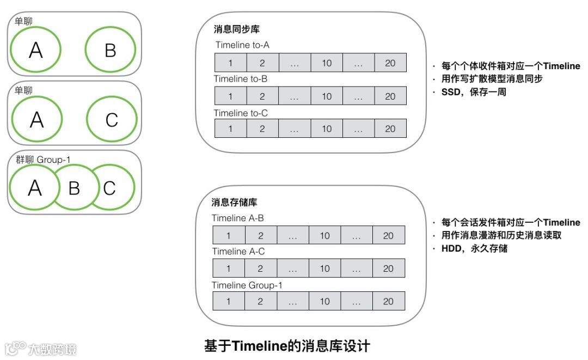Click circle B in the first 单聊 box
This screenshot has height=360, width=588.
110,50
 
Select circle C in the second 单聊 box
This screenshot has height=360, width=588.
112,119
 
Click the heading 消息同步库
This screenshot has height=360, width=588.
232,29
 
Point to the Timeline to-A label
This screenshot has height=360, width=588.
242,45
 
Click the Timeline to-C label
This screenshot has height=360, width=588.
241,113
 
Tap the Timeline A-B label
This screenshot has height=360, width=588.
237,218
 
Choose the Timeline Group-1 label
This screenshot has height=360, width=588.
247,285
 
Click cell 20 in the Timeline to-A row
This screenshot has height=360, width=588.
390,63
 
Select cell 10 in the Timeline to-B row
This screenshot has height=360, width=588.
327,96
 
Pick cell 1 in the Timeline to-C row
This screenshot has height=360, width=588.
230,129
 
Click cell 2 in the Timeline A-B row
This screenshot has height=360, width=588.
260,236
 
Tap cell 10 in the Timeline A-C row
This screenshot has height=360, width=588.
324,269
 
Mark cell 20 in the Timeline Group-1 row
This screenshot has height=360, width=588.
388,301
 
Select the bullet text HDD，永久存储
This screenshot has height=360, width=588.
474,249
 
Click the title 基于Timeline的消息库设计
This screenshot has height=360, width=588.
287,346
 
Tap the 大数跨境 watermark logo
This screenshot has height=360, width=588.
41,348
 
